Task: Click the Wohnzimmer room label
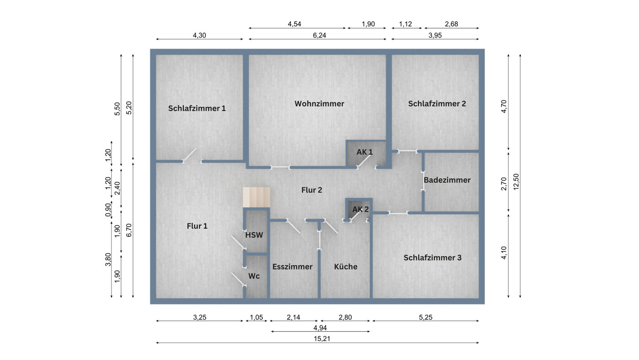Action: click(x=319, y=104)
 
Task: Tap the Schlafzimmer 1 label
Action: click(x=197, y=108)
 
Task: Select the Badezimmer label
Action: click(x=447, y=180)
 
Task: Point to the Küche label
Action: click(x=346, y=267)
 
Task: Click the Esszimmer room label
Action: click(x=292, y=267)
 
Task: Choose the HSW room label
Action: click(x=254, y=236)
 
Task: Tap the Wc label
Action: click(x=254, y=276)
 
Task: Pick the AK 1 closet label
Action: click(x=364, y=152)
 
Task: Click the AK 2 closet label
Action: click(x=360, y=210)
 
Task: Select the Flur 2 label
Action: click(x=311, y=190)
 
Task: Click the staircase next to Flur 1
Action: click(x=256, y=197)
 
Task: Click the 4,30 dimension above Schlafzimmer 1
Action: click(x=199, y=35)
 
